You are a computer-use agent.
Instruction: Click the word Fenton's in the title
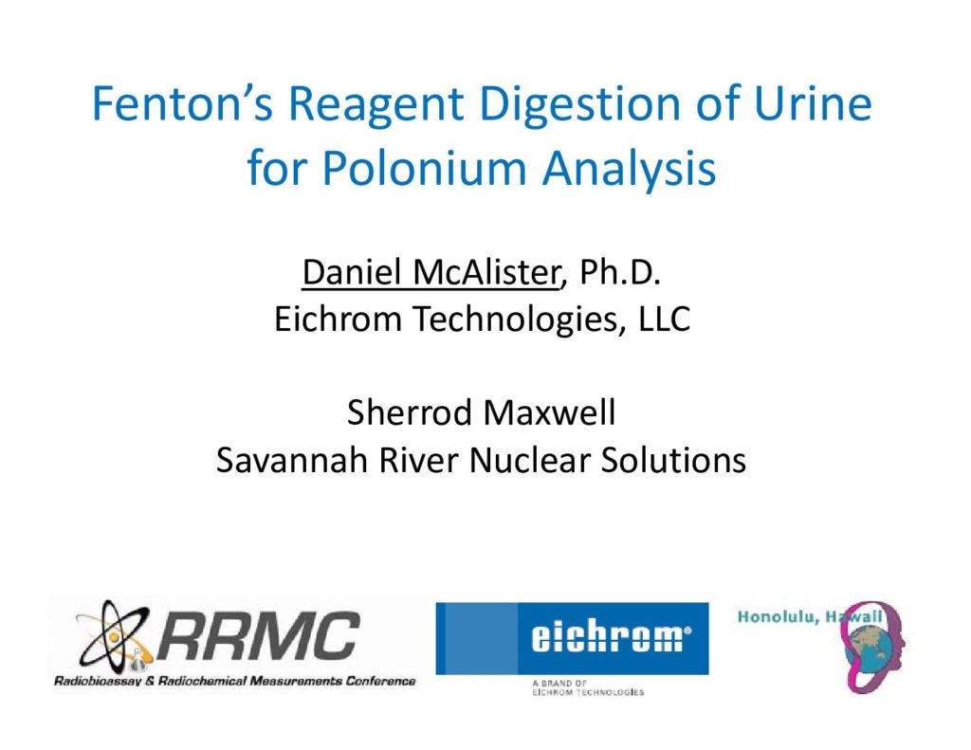pyautogui.click(x=182, y=103)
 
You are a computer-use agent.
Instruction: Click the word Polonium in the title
pyautogui.click(x=424, y=168)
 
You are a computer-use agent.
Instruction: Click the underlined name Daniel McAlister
pyautogui.click(x=431, y=272)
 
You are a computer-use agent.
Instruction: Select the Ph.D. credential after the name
pyautogui.click(x=620, y=272)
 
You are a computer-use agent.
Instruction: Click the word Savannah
pyautogui.click(x=291, y=460)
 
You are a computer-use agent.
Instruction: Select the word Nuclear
pyautogui.click(x=529, y=460)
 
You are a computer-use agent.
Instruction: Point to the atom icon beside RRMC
pyautogui.click(x=115, y=635)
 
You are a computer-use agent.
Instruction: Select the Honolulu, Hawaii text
pyautogui.click(x=810, y=617)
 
